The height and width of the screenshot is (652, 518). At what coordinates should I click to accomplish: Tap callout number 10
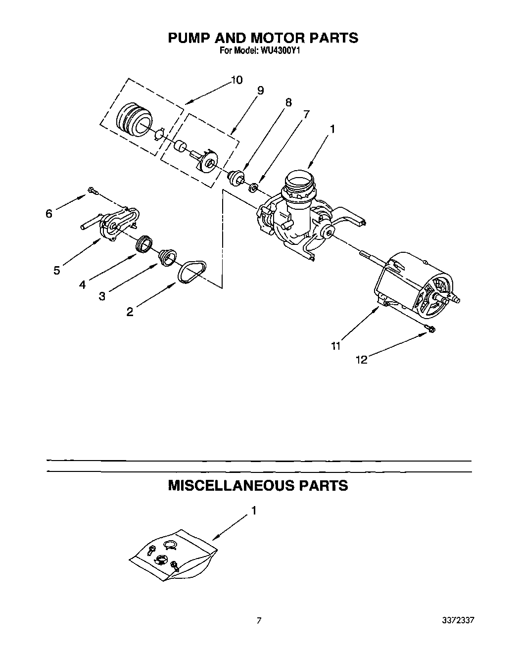click(236, 80)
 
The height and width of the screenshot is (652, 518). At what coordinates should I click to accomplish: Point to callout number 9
click(260, 91)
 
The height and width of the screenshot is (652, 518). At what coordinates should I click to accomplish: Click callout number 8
click(288, 103)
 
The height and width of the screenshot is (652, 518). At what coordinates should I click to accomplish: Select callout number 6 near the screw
click(48, 214)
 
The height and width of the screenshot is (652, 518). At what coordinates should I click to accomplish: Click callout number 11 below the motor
click(336, 346)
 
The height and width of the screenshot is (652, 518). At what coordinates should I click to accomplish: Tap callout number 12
click(362, 360)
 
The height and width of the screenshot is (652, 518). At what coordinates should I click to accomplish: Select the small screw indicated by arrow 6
click(92, 190)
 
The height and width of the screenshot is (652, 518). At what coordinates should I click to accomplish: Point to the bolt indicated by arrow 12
click(430, 329)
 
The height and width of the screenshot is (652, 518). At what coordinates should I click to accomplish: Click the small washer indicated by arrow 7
click(253, 187)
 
